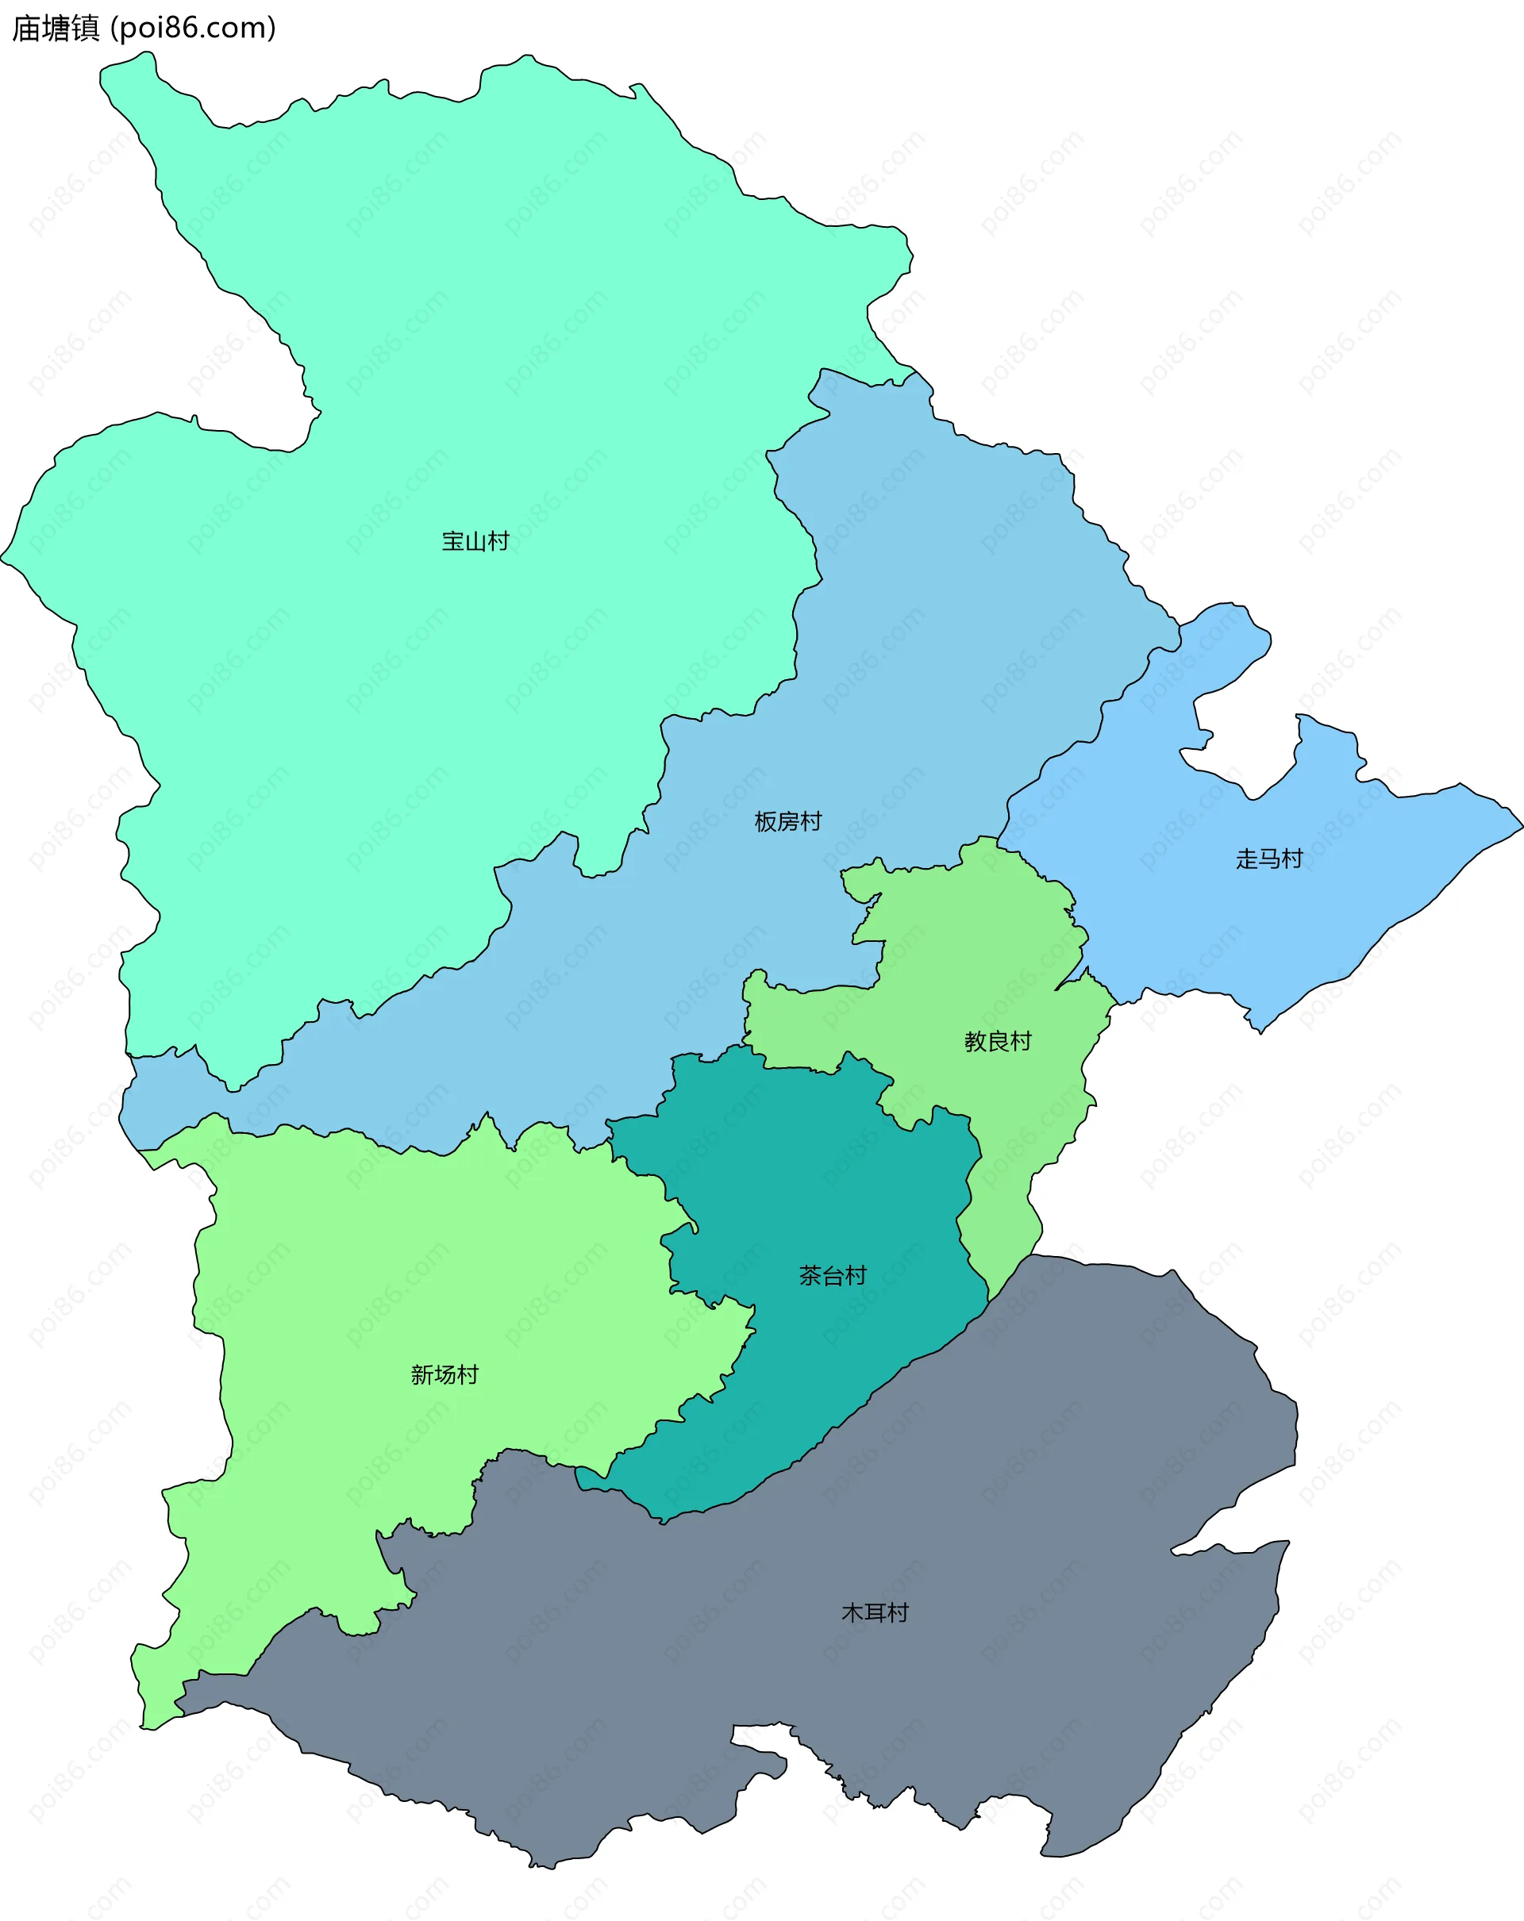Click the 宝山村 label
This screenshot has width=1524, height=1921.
[475, 542]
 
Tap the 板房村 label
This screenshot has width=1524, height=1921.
[788, 821]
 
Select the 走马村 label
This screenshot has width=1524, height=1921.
[1269, 859]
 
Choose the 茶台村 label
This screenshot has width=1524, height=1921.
[833, 1276]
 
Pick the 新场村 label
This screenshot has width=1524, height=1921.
[444, 1375]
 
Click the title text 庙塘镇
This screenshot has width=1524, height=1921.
[56, 29]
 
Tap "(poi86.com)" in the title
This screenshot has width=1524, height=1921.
[193, 29]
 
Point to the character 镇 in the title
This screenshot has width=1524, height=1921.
[86, 29]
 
